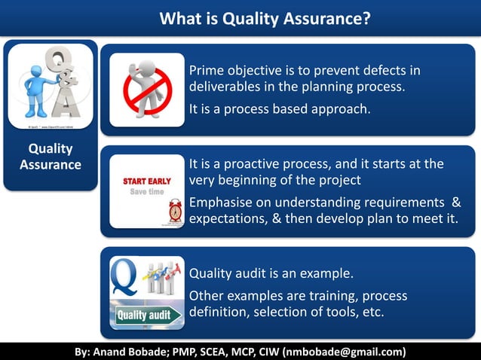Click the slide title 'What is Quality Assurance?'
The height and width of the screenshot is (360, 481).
pos(265,17)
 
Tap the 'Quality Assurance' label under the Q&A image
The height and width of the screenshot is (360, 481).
pos(51,157)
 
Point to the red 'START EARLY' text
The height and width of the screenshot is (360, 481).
pos(147,182)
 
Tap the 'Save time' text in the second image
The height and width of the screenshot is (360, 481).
pos(146,192)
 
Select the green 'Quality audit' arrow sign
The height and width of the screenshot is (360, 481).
pos(146,315)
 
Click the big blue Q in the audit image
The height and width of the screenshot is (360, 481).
pos(124,276)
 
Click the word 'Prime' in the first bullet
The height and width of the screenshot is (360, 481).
pos(207,71)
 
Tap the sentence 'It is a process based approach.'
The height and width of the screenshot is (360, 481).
pos(279,110)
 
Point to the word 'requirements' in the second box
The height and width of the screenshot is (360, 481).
pos(403,202)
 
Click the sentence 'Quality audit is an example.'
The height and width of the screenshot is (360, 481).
pos(271,273)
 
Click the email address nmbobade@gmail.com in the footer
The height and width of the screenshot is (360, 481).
pos(343,352)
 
